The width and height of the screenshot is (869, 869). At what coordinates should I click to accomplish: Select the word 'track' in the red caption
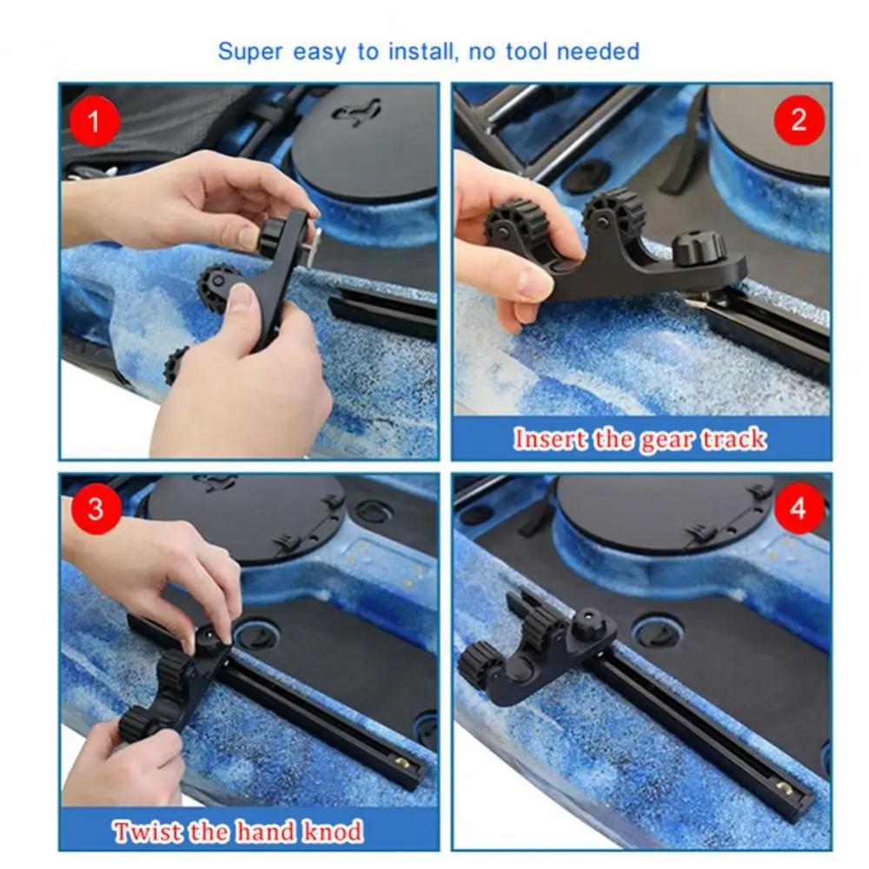pyautogui.click(x=734, y=440)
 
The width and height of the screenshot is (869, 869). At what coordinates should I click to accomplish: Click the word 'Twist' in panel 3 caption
pyautogui.click(x=145, y=832)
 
